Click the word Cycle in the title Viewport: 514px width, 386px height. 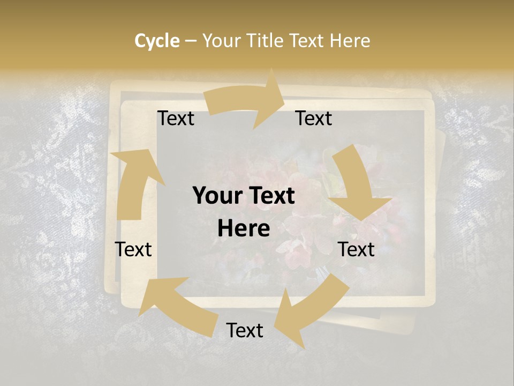pos(157,41)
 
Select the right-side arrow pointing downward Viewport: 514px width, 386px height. pos(356,185)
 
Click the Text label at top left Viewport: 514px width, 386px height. pos(176,118)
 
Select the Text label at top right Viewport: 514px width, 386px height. pos(314,118)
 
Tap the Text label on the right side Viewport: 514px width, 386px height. pos(356,249)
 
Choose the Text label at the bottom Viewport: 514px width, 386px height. pos(245,330)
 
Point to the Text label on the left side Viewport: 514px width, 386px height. pos(133,249)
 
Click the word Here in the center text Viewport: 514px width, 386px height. pos(244,229)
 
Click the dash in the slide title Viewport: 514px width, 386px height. pos(191,41)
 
